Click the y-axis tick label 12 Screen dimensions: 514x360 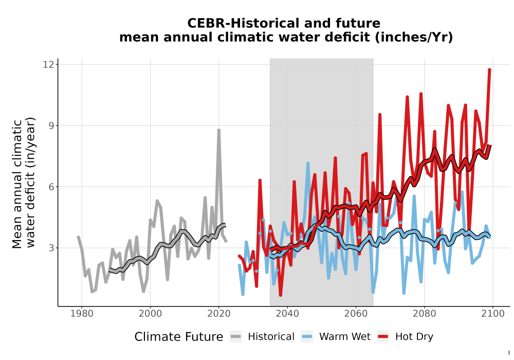click(x=48, y=64)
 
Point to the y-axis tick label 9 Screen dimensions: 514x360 click(x=51, y=125)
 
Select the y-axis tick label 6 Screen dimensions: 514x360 click(x=51, y=187)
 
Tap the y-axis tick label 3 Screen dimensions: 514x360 click(x=51, y=248)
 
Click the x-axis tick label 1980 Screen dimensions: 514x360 click(x=82, y=314)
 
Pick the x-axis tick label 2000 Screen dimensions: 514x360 click(x=150, y=314)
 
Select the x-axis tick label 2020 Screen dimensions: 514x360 click(x=218, y=314)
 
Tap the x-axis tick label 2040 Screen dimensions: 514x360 click(x=287, y=314)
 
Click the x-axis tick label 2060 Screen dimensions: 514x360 click(x=356, y=314)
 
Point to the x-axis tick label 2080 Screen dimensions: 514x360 click(x=424, y=314)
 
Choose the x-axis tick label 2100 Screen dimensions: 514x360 click(x=493, y=314)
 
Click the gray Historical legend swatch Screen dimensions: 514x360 click(x=236, y=337)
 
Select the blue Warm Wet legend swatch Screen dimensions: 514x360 click(x=307, y=337)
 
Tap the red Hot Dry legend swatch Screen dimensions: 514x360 click(x=383, y=337)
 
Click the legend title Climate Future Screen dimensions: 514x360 click(x=179, y=337)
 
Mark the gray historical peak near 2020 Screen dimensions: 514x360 click(x=218, y=130)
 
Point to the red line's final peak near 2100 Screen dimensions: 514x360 click(x=489, y=69)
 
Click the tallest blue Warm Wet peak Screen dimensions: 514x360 click(x=308, y=163)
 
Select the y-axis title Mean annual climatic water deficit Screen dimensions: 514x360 click(x=24, y=183)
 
